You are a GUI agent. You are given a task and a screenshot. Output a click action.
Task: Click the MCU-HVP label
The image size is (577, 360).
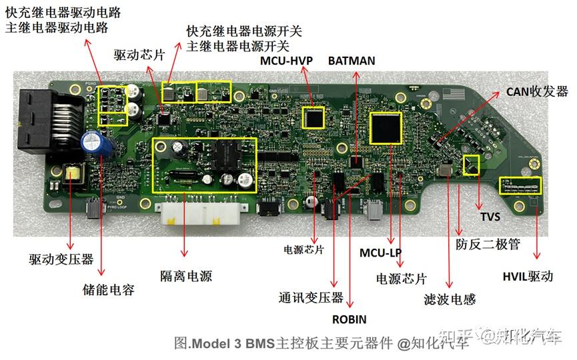click(x=285, y=61)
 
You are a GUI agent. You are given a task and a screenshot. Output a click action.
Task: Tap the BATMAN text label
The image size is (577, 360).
click(x=352, y=61)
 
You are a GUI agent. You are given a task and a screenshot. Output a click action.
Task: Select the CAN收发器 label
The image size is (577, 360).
click(x=538, y=91)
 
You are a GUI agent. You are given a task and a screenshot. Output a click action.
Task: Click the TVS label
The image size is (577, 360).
click(x=490, y=217)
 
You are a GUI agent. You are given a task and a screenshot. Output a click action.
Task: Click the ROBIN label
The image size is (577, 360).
click(x=350, y=319)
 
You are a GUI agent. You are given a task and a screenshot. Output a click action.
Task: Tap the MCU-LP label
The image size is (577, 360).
click(x=380, y=253)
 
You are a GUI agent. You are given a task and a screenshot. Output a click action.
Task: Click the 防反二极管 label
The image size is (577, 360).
click(x=488, y=245)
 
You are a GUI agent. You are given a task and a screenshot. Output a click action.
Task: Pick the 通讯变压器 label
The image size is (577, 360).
click(x=311, y=297)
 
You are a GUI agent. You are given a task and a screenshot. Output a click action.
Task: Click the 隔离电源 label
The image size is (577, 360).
click(x=186, y=276)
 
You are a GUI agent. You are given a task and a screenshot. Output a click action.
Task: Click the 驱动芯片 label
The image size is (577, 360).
click(x=139, y=55)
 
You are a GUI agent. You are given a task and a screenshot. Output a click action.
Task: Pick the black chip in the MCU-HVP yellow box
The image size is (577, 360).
click(x=313, y=118)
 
